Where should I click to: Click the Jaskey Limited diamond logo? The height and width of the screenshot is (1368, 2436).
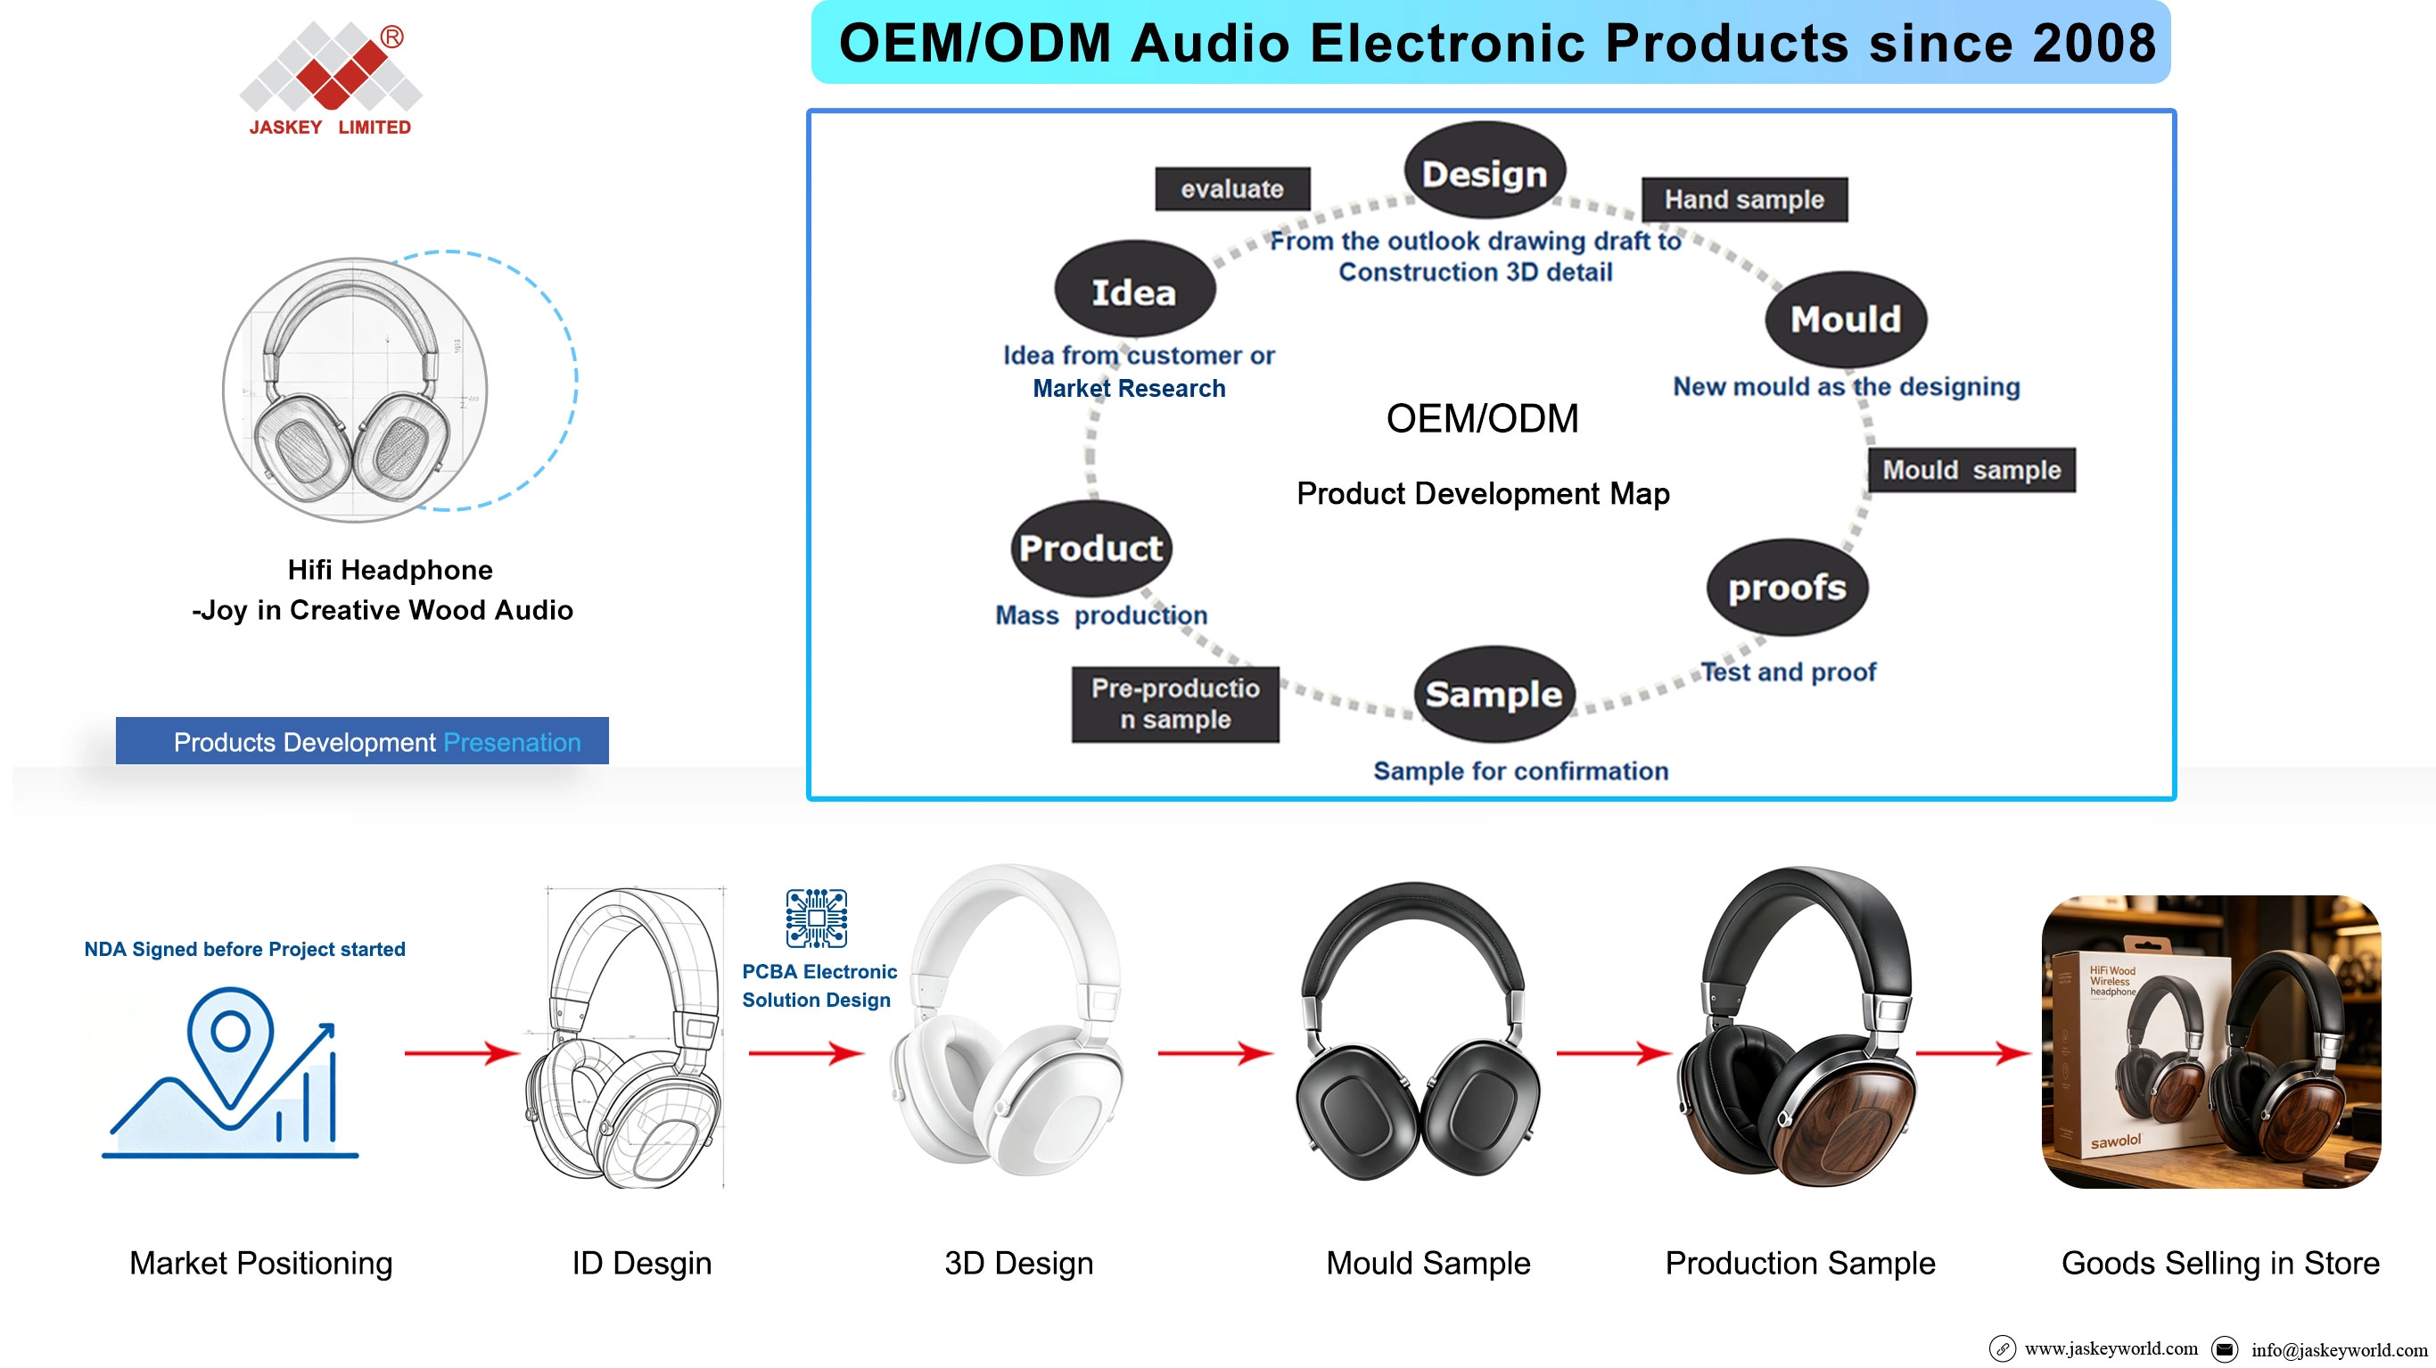coord(331,64)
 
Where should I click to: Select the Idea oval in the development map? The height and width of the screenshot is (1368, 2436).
coord(1135,291)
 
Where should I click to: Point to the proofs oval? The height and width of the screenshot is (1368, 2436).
coord(1787,588)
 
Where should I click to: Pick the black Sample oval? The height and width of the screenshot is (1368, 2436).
coord(1494,695)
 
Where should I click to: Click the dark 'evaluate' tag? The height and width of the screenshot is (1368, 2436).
coord(1232,189)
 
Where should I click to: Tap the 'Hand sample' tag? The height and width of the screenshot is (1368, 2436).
coord(1744,200)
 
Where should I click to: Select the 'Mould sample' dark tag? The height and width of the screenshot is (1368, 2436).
coord(1971,470)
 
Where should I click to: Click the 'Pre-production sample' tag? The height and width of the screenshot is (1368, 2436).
coord(1175,704)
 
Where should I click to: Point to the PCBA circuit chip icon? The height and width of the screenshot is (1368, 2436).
coord(816,918)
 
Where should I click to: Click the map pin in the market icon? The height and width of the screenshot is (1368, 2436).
coord(230,1043)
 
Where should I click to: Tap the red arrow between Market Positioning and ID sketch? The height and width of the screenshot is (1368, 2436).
coord(462,1052)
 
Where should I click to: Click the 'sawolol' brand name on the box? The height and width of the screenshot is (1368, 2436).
coord(2115,1141)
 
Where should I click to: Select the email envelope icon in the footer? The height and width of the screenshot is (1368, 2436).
coord(2225,1349)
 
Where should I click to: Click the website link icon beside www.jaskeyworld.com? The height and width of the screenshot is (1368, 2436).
coord(2002,1349)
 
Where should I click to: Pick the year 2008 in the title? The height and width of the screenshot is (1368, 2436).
coord(2094,44)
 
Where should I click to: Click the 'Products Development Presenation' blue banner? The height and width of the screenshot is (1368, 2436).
coord(362,741)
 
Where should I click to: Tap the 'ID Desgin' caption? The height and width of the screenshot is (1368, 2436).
coord(642,1264)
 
